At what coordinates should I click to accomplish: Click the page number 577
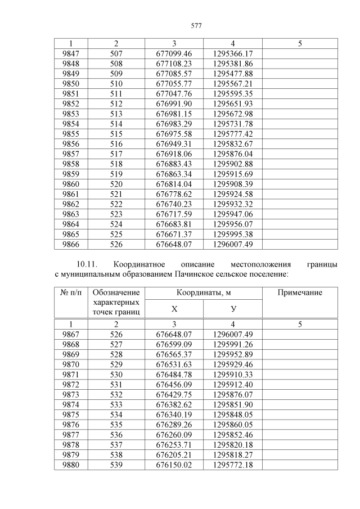pos(196,26)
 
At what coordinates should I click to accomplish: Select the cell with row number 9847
pos(71,54)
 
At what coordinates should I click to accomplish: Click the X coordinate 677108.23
pos(174,64)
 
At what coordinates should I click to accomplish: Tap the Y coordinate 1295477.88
pos(233,74)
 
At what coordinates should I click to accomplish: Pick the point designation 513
pos(116,114)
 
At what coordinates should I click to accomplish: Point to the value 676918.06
pos(174,154)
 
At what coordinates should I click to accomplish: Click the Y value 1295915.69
pos(233,174)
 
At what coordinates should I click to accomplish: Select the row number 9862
pos(71,204)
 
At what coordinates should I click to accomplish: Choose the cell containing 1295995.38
pos(233,234)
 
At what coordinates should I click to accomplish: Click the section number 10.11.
pos(88,264)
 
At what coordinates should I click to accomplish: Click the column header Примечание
pos(300,293)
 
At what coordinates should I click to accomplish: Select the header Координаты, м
pos(203,293)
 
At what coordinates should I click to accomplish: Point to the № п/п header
pos(71,293)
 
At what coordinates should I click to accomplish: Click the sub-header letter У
pos(233,309)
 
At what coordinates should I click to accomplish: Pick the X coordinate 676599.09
pos(174,344)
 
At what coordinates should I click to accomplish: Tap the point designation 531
pos(116,384)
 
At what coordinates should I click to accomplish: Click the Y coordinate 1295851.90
pos(233,404)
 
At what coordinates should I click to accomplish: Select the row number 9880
pos(71,465)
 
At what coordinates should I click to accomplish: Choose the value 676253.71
pos(174,444)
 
